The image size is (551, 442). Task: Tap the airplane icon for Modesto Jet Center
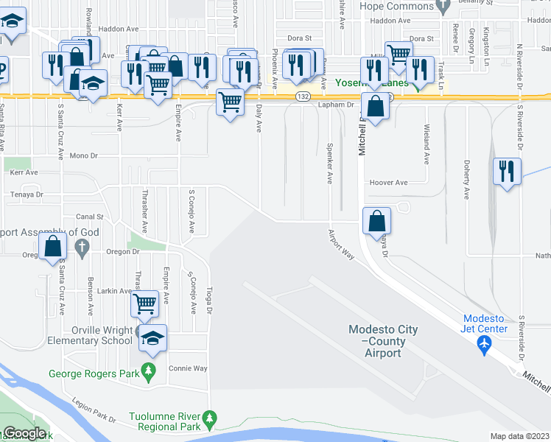coord(484,345)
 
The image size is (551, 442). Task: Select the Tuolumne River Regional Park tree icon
coord(210,419)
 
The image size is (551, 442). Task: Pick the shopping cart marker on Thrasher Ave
coord(144,302)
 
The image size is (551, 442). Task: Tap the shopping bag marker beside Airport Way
coord(376,220)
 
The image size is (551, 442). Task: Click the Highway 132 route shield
coord(302,97)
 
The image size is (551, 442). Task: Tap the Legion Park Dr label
coord(94,410)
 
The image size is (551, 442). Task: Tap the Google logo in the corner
coord(25,433)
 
